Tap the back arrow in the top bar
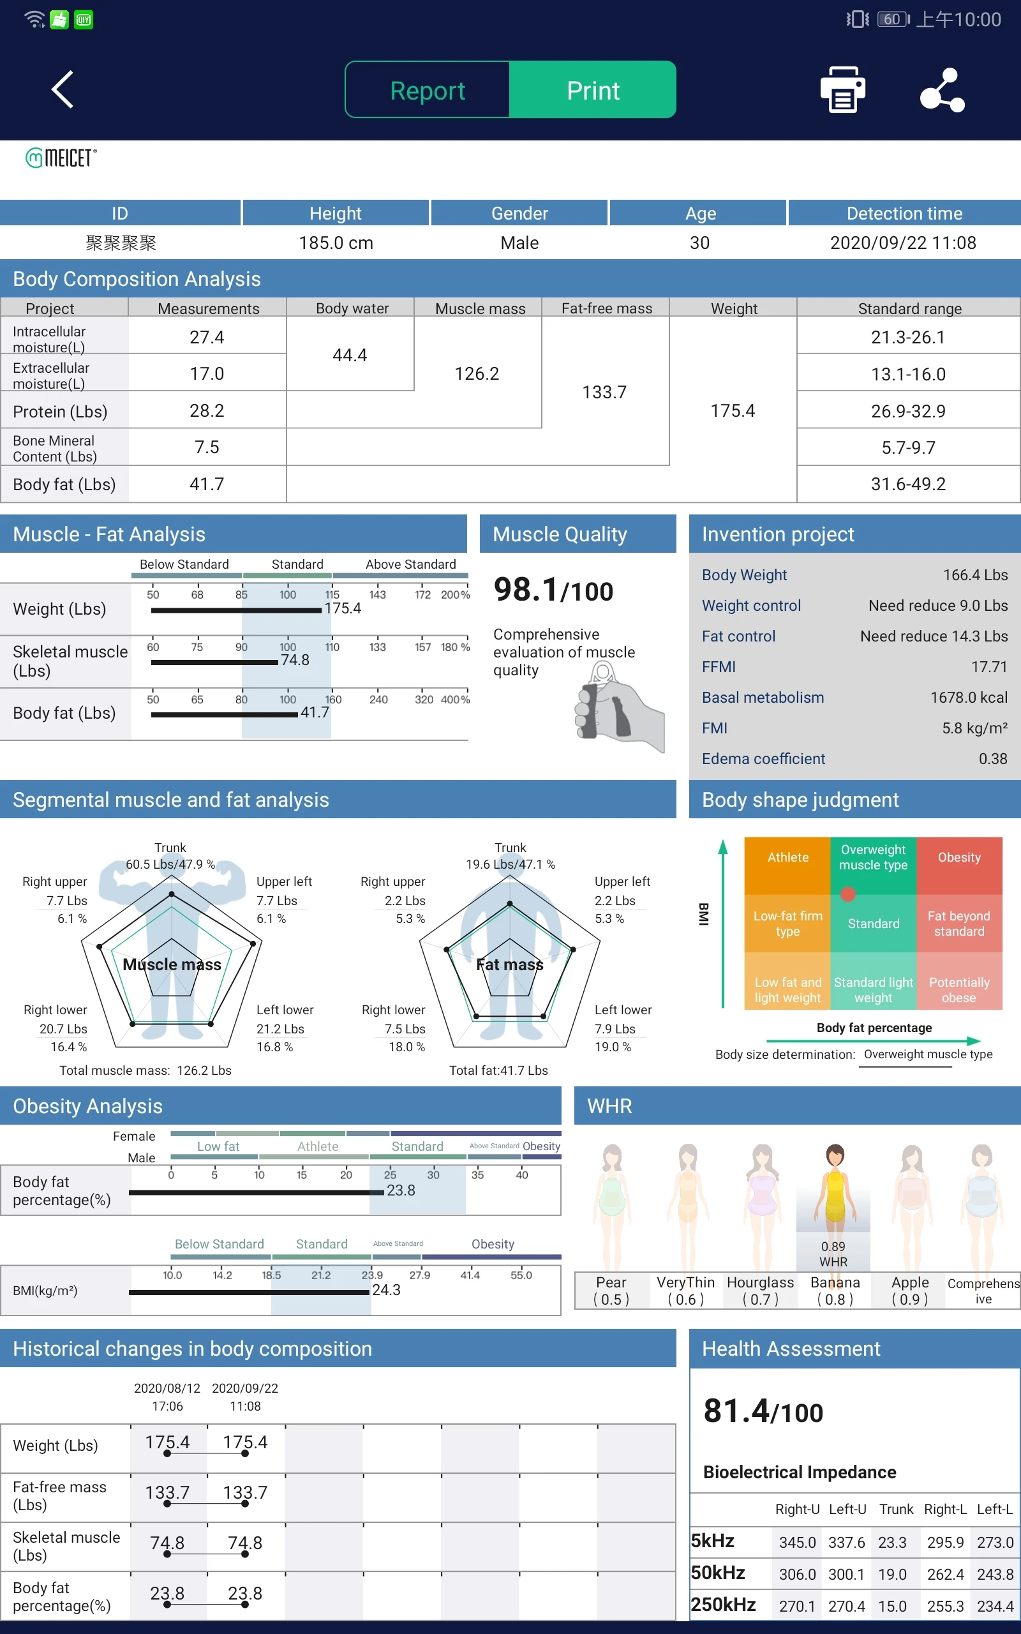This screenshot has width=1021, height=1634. point(63,89)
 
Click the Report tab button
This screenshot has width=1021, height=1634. point(428,91)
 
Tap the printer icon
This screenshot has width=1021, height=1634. point(842,90)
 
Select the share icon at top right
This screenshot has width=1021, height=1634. point(942,90)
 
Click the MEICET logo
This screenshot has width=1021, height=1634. point(61,158)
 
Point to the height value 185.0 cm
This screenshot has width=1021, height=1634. point(336,243)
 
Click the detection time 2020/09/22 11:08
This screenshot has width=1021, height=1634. point(902,243)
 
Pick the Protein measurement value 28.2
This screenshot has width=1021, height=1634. point(207,410)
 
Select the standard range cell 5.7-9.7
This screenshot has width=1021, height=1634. point(907,447)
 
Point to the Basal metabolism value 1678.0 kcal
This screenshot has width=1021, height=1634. point(968,698)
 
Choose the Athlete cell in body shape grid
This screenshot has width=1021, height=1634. point(787,857)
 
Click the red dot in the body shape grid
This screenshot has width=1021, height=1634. point(847,895)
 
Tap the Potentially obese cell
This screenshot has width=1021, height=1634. point(958,990)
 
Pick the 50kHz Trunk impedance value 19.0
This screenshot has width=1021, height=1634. point(891,1575)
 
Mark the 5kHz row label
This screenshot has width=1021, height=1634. point(712,1541)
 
